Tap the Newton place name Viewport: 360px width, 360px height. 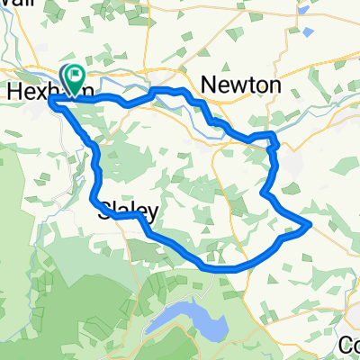(x=242, y=85)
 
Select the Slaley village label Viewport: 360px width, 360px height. (x=128, y=212)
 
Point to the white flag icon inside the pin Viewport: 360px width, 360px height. (x=73, y=75)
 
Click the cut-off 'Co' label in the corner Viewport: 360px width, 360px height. (x=348, y=345)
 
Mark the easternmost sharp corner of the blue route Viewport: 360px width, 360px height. (x=310, y=224)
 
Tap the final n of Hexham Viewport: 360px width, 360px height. (x=86, y=92)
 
